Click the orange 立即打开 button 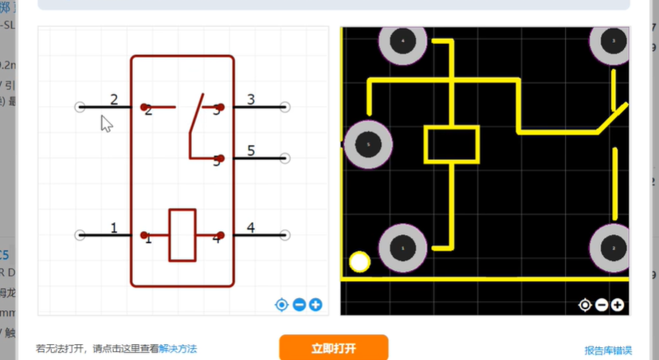pyautogui.click(x=333, y=348)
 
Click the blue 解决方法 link pyautogui.click(x=178, y=349)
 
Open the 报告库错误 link pyautogui.click(x=608, y=350)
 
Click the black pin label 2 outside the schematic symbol pyautogui.click(x=114, y=100)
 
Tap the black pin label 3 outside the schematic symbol pyautogui.click(x=251, y=100)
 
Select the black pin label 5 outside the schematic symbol pyautogui.click(x=251, y=151)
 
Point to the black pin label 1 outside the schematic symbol pyautogui.click(x=114, y=229)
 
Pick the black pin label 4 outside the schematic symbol pyautogui.click(x=251, y=229)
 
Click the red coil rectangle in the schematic pyautogui.click(x=182, y=235)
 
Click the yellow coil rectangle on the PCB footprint pyautogui.click(x=452, y=145)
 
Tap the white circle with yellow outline pyautogui.click(x=359, y=262)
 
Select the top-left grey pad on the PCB pyautogui.click(x=402, y=41)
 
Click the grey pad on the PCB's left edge pyautogui.click(x=367, y=145)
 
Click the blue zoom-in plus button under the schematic pyautogui.click(x=316, y=304)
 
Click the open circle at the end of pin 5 pyautogui.click(x=285, y=158)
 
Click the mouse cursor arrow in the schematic pyautogui.click(x=106, y=123)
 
